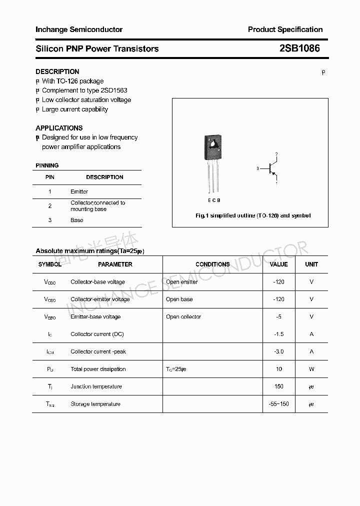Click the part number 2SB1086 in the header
pos(299,48)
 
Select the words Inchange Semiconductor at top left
pos(79,29)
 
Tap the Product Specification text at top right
pos(285,29)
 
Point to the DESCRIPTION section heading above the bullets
pos(57,71)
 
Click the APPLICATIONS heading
pos(59,128)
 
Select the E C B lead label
pos(214,200)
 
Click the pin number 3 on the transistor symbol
pos(257,169)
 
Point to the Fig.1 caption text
pos(252,215)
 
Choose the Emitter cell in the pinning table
pos(79,191)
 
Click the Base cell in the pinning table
pos(77,220)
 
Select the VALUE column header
pos(278,264)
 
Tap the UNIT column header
pos(311,264)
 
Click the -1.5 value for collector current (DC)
pos(279,334)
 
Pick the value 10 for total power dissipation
pos(279,369)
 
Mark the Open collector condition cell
pos(183,316)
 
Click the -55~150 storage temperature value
pos(279,404)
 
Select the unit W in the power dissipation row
pos(311,369)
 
